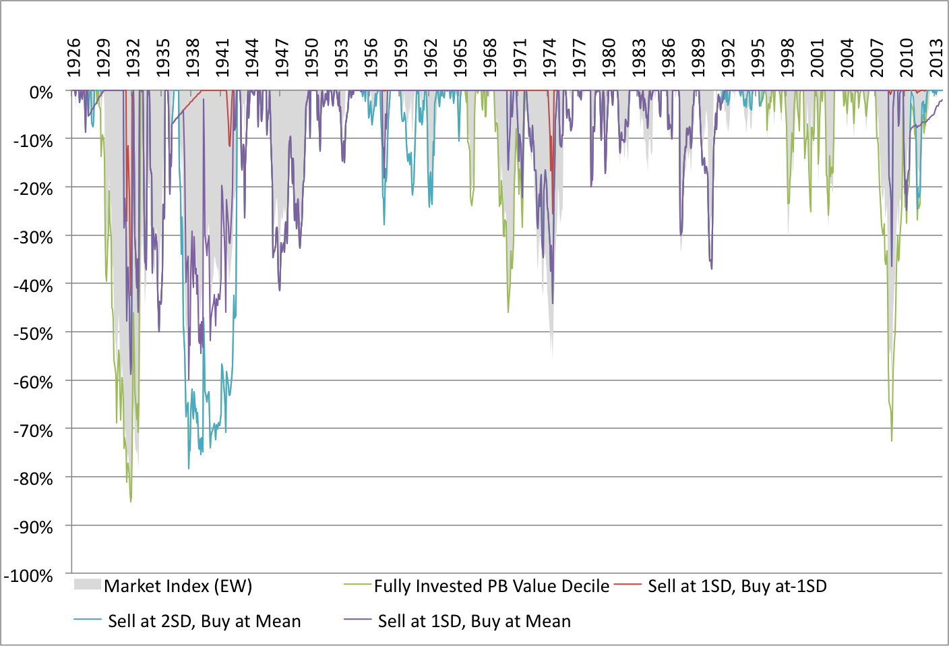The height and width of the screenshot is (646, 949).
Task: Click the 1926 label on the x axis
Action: pos(73,58)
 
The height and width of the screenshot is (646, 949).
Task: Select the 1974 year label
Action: pos(550,58)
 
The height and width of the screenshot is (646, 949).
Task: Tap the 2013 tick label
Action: pos(936,58)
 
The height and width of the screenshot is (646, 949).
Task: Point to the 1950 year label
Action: pos(311,58)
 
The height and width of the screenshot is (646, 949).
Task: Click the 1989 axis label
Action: pos(698,58)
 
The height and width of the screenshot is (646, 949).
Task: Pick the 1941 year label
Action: pos(222,58)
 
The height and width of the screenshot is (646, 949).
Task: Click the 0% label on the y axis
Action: pos(41,92)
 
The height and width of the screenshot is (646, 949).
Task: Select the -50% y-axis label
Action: pos(33,334)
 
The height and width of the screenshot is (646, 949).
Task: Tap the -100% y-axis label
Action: pos(28,576)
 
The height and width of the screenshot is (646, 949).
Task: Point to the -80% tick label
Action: pos(33,479)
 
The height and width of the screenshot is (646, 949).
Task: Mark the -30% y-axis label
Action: pos(33,237)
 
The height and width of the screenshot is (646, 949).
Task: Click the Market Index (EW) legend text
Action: pos(178,586)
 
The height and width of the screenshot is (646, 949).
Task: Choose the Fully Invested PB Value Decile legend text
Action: pos(491,586)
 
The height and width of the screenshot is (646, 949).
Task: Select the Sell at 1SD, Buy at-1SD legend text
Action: pos(737,586)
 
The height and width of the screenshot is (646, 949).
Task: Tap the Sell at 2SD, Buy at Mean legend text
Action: pos(204,621)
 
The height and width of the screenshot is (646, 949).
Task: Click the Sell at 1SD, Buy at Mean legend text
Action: pos(474,621)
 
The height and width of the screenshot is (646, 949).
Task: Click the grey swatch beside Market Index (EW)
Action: pos(87,585)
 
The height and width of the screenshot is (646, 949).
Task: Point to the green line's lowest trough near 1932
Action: pos(131,502)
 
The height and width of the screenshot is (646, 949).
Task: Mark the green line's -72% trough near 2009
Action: pos(892,441)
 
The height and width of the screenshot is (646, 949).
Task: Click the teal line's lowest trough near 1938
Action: pos(189,469)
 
